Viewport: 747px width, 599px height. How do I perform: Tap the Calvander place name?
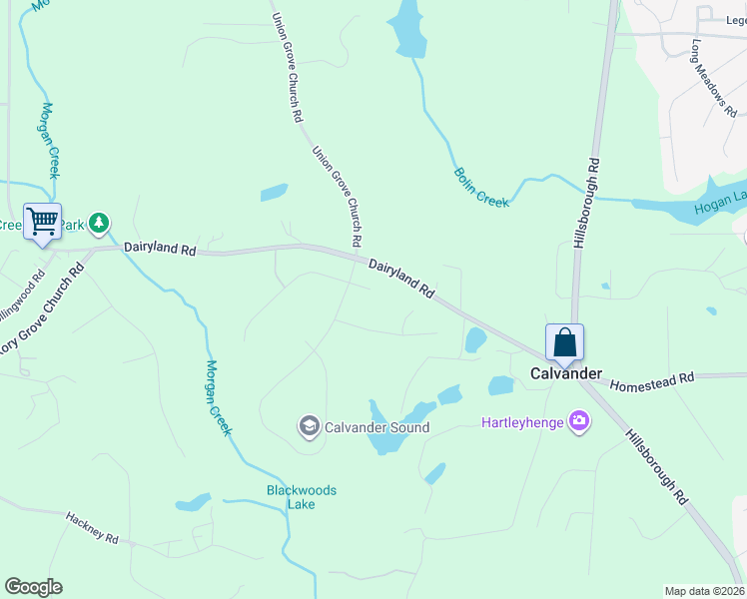[565, 373]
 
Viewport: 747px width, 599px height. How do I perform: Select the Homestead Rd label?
[651, 381]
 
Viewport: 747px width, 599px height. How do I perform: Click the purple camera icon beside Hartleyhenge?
[578, 422]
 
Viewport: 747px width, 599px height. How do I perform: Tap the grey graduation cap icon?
[309, 427]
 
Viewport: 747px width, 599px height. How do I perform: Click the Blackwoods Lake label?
[301, 497]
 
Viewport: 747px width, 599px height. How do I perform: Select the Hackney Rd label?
[92, 528]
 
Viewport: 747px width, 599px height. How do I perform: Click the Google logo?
[33, 587]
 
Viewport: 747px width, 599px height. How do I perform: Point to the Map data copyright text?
[704, 591]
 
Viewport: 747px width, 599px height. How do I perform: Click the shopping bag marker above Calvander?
[564, 342]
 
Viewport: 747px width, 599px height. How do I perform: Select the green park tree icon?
[98, 222]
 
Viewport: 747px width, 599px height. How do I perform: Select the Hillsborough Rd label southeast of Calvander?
[657, 465]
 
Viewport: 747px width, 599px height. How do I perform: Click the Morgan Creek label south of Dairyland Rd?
[219, 396]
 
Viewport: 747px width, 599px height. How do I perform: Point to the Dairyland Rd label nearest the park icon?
[159, 249]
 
